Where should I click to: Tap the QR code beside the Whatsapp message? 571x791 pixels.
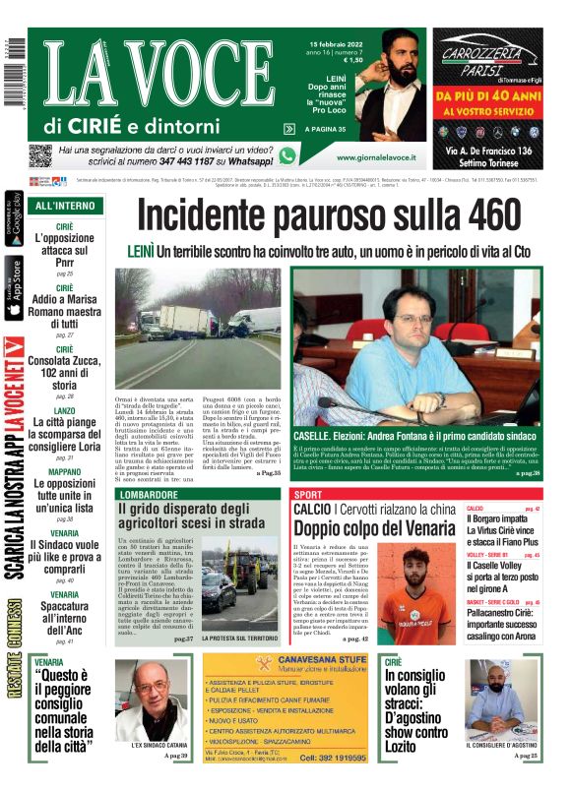pos(39,155)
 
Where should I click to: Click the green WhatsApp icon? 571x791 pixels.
pos(287,155)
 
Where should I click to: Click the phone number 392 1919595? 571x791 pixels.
pos(335,759)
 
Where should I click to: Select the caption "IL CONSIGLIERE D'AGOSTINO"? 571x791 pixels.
pos(508,745)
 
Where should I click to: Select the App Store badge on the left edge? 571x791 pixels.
pos(13,287)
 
